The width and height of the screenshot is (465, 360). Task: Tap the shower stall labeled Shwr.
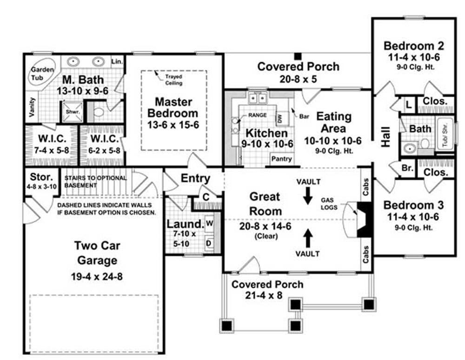coord(72,112)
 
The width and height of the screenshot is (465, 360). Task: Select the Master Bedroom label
coord(173,107)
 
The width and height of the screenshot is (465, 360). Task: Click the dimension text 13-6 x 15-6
coord(173,125)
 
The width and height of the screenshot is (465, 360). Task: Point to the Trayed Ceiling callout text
coord(174,80)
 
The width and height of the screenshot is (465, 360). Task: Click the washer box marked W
coord(209,222)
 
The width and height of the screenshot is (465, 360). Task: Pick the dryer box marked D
coord(209,243)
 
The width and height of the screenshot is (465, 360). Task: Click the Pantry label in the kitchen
coord(281,159)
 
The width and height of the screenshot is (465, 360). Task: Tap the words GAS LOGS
coord(329,204)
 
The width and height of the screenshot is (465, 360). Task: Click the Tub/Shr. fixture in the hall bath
coord(445,135)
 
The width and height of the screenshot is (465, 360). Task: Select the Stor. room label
coord(41,177)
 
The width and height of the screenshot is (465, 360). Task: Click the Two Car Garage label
coord(97,253)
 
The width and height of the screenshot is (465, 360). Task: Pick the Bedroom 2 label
coord(414,46)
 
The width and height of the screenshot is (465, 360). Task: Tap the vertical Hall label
coord(386,137)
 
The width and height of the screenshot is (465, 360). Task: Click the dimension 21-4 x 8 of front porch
coord(264,295)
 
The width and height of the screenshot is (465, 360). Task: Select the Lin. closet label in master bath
coord(117,61)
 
